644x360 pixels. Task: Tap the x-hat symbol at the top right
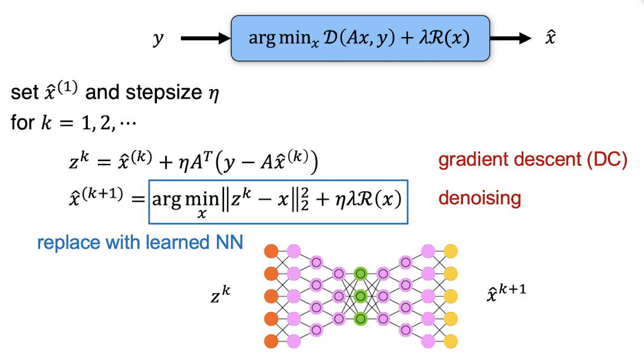[x=550, y=39]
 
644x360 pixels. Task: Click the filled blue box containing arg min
[x=360, y=38]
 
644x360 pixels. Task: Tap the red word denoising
[x=479, y=198]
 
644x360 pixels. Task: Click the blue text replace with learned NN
[x=140, y=243]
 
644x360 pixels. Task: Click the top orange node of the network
[x=271, y=251]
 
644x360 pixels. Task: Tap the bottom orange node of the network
[x=271, y=341]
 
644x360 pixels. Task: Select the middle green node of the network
[x=360, y=296]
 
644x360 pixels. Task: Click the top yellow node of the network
[x=451, y=251]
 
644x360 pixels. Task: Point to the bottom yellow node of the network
[x=451, y=341]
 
